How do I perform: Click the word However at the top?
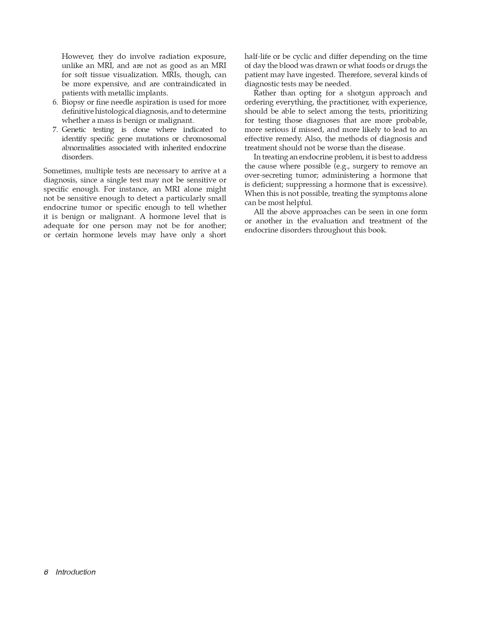tap(77, 56)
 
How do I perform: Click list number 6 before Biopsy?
tap(55, 102)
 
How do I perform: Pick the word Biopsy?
tap(73, 102)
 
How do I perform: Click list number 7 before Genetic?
tap(55, 129)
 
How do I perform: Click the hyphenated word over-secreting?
tap(268, 175)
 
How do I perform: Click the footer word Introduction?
tap(75, 572)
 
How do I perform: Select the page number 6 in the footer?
tap(46, 572)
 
